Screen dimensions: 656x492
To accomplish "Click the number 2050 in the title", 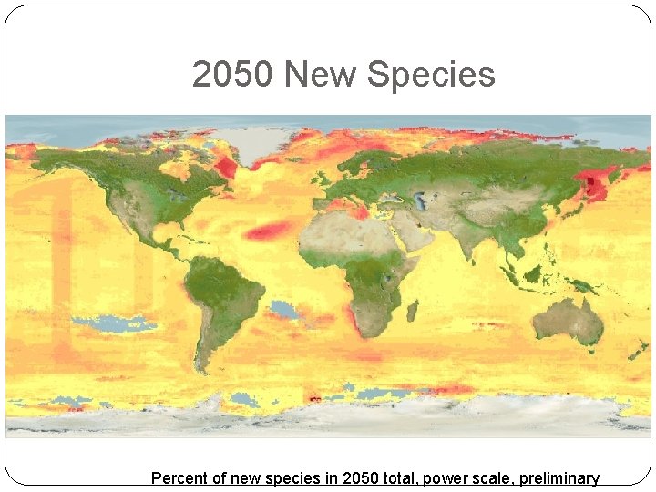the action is (231, 75).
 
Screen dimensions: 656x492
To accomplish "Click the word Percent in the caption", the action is (179, 478).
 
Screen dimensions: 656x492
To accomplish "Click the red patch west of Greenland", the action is (223, 167).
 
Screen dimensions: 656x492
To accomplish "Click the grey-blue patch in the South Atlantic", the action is (284, 310).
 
